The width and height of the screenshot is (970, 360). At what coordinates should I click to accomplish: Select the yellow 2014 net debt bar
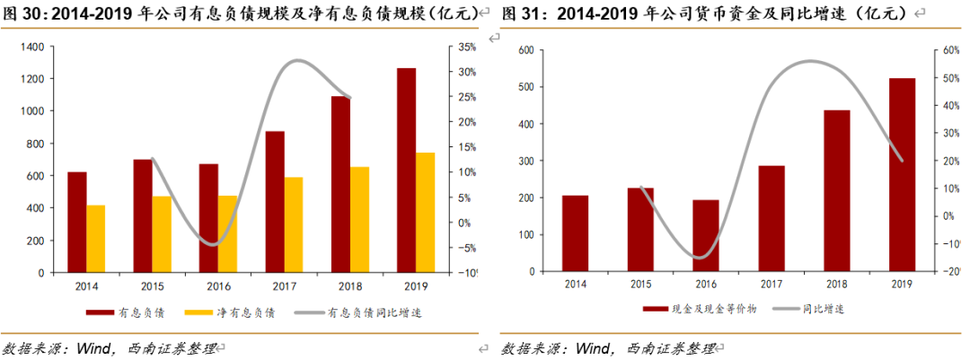[96, 238]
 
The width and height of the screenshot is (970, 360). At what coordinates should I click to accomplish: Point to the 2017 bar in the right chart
[771, 218]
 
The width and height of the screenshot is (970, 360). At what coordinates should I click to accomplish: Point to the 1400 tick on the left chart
[31, 47]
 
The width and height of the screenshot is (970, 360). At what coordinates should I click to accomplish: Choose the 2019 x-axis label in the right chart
[902, 284]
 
